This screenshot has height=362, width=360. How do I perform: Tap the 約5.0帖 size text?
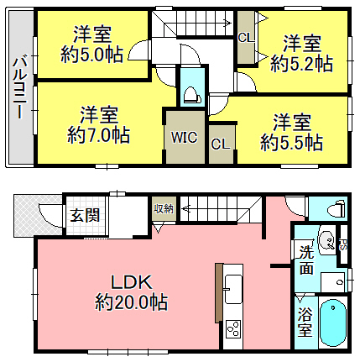(91, 55)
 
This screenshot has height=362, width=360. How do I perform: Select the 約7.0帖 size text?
(98, 135)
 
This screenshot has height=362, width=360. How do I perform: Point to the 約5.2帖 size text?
(301, 63)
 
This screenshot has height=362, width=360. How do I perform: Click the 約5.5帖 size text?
(292, 143)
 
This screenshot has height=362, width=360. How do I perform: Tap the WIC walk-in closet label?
(185, 138)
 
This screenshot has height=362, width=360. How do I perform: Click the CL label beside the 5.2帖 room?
(246, 38)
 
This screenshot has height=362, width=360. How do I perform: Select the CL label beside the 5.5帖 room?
(221, 144)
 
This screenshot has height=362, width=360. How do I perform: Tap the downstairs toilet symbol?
(338, 208)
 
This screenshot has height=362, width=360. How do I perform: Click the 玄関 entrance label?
(85, 216)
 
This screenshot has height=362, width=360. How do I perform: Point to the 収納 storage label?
(164, 208)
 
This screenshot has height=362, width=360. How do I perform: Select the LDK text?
(132, 282)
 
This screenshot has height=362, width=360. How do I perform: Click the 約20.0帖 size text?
(132, 302)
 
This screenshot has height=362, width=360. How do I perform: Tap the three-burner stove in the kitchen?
(233, 329)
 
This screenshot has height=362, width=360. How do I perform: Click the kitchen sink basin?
(233, 289)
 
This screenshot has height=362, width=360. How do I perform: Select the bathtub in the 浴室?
(333, 323)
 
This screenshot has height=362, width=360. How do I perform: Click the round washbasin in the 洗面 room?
(326, 240)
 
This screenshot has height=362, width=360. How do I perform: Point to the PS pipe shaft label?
(343, 244)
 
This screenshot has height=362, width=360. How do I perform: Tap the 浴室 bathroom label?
(305, 322)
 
